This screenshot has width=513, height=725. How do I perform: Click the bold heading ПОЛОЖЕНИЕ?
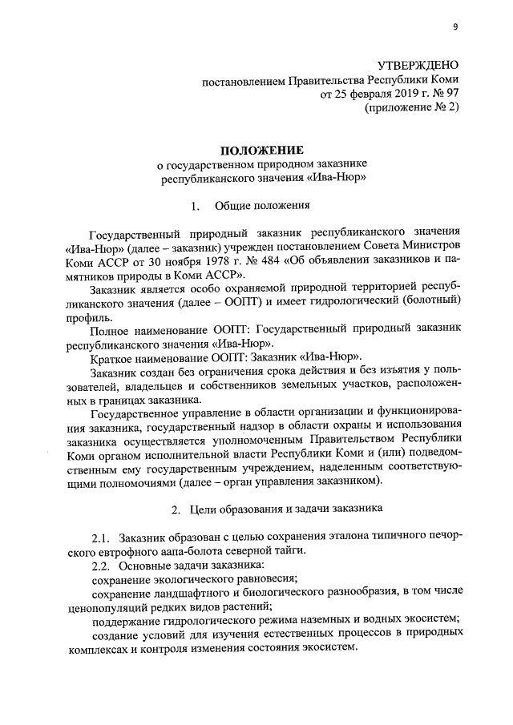tap(264, 150)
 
